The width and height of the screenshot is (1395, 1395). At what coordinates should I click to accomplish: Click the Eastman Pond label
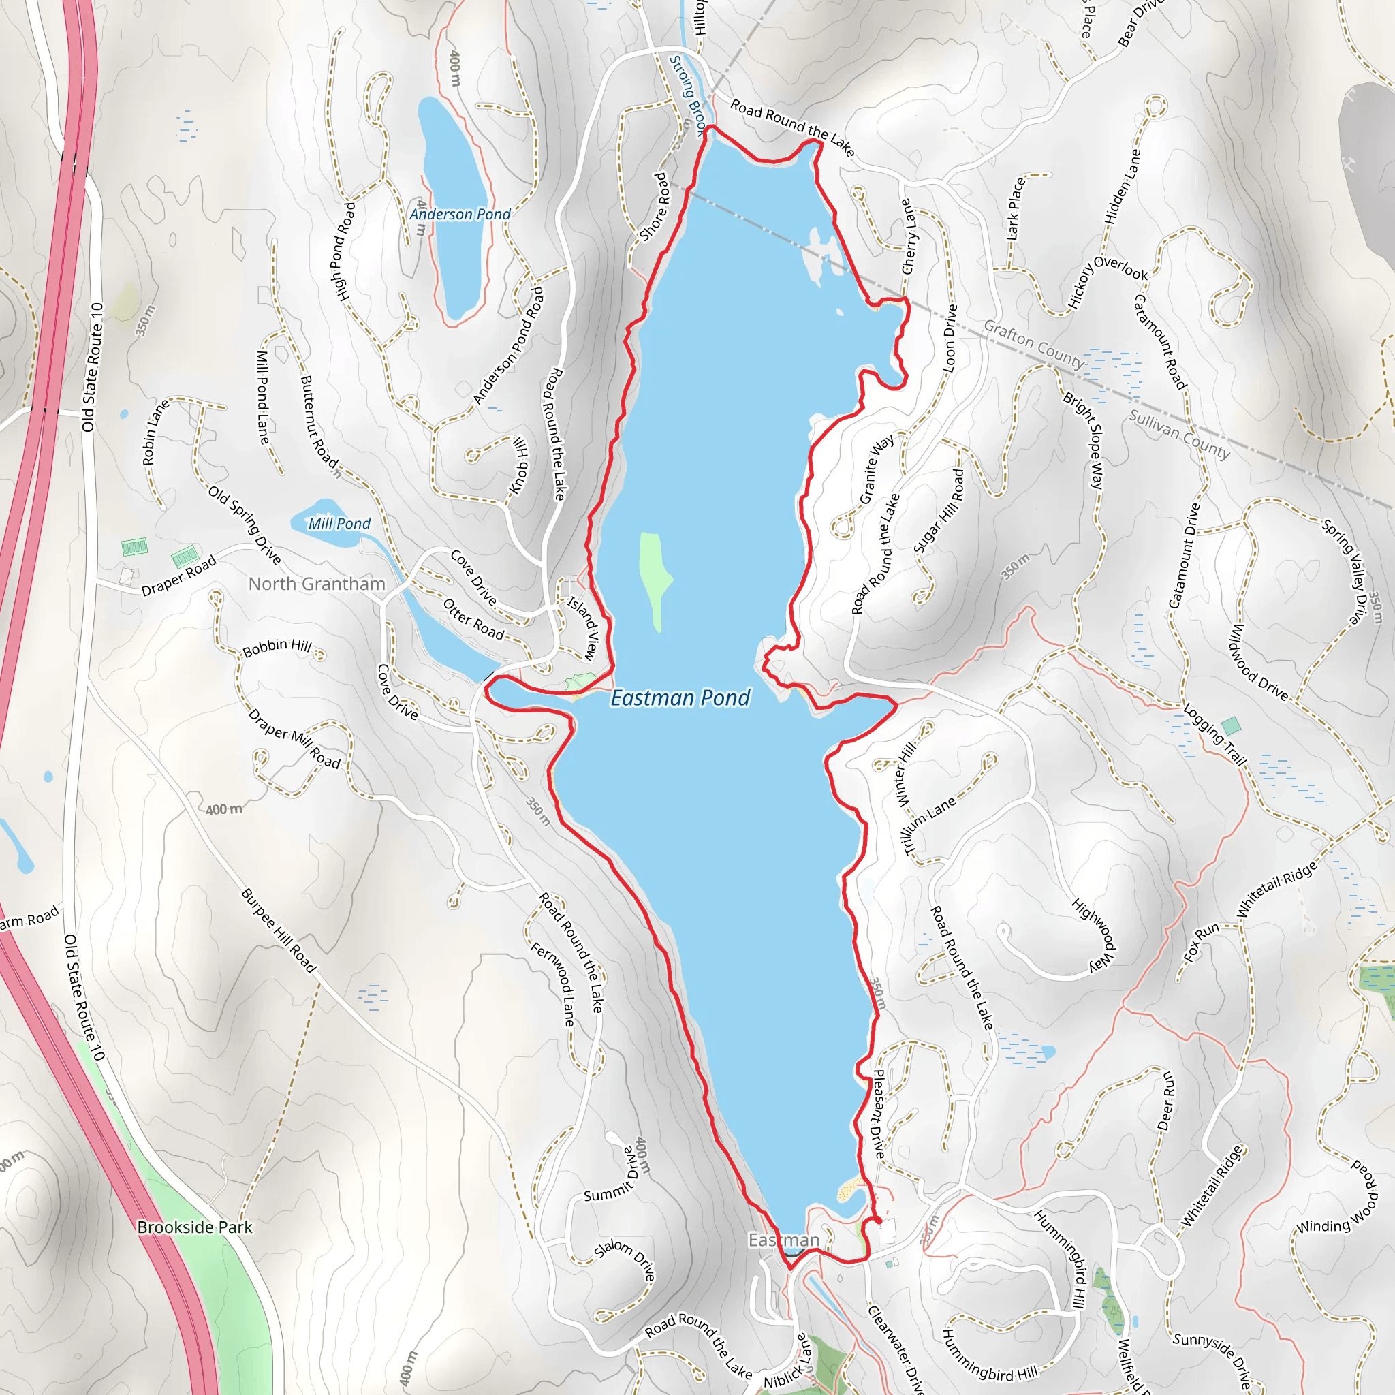tap(680, 697)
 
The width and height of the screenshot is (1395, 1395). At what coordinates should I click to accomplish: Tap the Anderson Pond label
tap(460, 215)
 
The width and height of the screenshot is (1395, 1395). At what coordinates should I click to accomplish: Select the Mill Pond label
tap(339, 524)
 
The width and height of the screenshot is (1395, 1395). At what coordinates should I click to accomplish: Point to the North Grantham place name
tap(316, 584)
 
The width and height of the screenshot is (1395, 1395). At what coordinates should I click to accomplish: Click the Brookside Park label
tap(195, 1227)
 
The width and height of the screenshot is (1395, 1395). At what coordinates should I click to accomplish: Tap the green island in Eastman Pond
tap(653, 578)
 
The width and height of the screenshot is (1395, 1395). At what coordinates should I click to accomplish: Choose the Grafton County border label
tap(1033, 345)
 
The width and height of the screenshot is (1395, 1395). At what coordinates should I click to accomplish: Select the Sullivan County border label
tap(1179, 434)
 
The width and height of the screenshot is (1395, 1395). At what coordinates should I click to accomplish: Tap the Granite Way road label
tap(877, 469)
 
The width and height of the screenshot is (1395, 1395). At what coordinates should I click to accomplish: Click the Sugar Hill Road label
tap(939, 510)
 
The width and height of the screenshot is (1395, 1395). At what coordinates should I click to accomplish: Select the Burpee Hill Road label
tap(279, 930)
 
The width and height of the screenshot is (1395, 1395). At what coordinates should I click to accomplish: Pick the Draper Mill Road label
tap(294, 738)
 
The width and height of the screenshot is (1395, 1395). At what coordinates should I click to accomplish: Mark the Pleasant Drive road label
tap(878, 1114)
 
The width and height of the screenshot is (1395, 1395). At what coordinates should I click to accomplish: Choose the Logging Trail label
tap(1215, 734)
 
